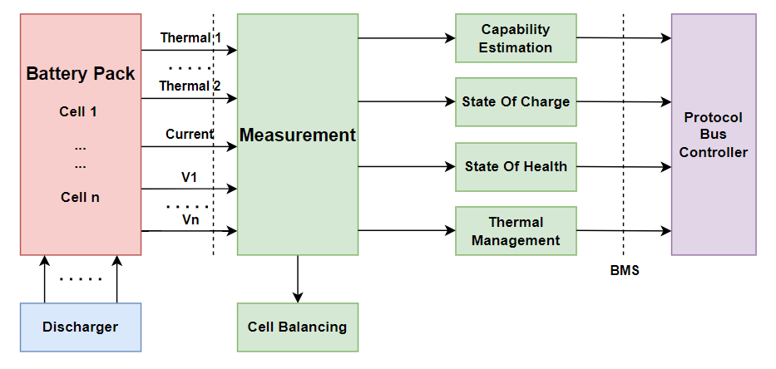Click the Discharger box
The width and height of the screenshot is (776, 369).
tap(80, 327)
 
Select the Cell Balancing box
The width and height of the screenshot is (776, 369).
tap(297, 327)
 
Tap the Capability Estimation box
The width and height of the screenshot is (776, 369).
tap(516, 38)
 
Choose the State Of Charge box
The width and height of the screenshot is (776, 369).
tap(516, 101)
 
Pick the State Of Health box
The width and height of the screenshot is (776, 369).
tap(516, 166)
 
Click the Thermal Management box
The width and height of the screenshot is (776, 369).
tap(516, 231)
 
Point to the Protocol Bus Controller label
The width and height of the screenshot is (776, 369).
tap(713, 135)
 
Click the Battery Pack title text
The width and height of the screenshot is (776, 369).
tap(81, 74)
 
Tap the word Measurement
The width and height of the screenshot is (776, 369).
tap(298, 135)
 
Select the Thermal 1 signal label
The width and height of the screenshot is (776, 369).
tap(190, 37)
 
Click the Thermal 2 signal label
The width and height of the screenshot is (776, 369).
tap(190, 86)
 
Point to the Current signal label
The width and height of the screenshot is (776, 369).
tap(189, 134)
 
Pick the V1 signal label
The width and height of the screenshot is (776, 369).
tap(190, 177)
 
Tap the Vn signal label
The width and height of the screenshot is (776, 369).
tap(190, 219)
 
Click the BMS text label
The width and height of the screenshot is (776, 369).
tap(624, 270)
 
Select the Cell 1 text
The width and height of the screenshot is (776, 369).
tap(80, 111)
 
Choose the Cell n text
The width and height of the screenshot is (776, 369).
tap(80, 198)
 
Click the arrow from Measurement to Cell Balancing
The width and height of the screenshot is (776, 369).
tap(298, 278)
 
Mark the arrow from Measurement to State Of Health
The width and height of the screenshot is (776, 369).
tap(407, 166)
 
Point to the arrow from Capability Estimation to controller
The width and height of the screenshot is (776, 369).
tap(624, 37)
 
